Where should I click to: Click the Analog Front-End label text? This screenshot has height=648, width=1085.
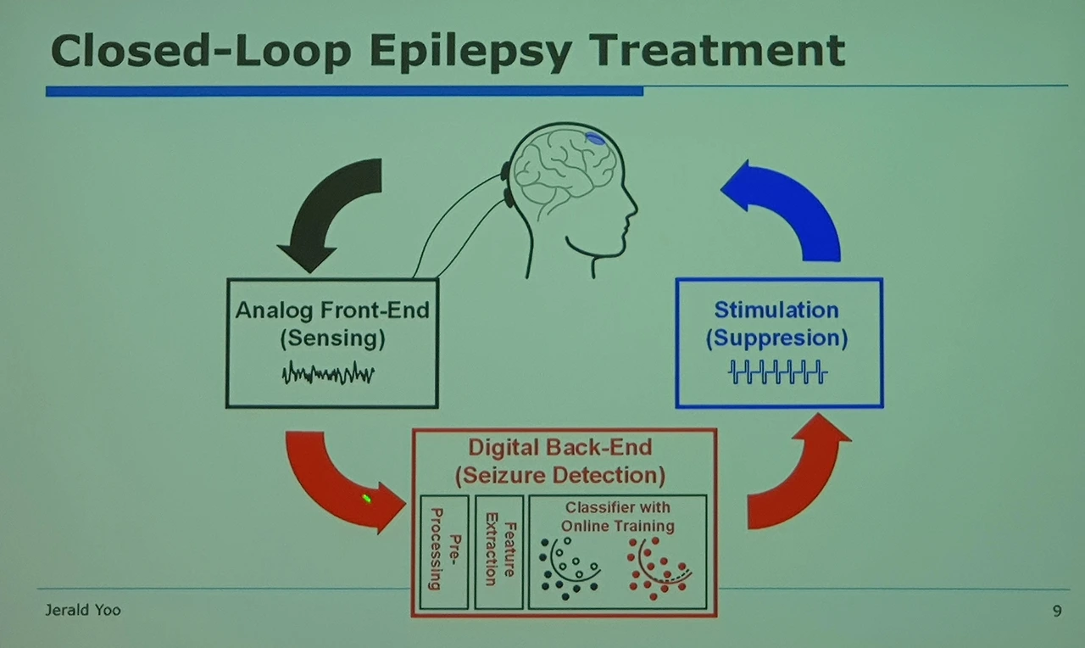coord(332,310)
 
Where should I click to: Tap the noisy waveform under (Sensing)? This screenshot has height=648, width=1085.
coord(328,373)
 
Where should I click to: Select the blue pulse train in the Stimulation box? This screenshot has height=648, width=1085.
coord(778,372)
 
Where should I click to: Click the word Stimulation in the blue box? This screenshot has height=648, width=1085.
coord(776,310)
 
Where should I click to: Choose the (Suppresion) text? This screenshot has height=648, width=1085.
coord(776,338)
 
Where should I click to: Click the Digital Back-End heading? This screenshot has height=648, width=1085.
coord(560,447)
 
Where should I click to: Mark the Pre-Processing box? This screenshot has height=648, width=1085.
coord(443,550)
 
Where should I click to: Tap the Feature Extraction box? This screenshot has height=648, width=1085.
coord(498,550)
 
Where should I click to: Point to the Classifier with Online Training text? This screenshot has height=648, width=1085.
coord(617,517)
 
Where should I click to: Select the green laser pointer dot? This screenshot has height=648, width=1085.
coord(367,498)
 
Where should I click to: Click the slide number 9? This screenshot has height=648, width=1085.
coord(1056,611)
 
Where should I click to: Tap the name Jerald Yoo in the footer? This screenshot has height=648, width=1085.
coord(82,611)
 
